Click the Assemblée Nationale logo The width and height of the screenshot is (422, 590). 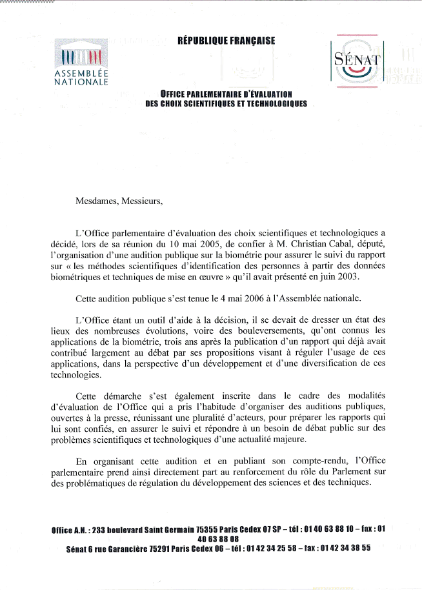(x=81, y=63)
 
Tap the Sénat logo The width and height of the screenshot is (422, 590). (x=357, y=60)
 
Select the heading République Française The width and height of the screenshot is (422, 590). (x=226, y=41)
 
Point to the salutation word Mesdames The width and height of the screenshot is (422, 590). (x=97, y=200)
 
